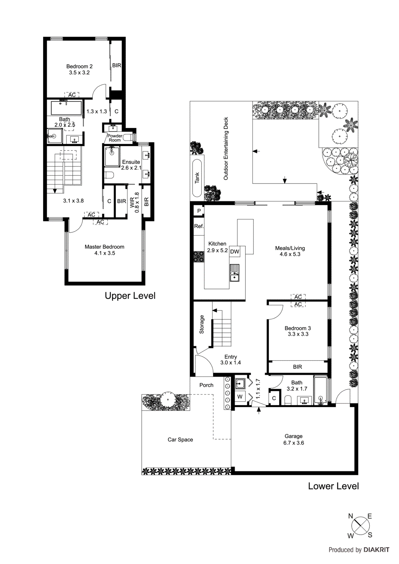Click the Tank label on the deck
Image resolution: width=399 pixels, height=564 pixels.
(x=197, y=178)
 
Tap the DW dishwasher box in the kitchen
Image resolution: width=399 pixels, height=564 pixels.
(x=235, y=251)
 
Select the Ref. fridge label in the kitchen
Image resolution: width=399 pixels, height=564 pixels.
(x=199, y=226)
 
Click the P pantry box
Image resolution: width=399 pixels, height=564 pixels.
(x=199, y=211)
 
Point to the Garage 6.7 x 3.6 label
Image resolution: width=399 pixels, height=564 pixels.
(x=294, y=440)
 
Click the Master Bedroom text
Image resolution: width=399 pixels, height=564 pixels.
(x=104, y=247)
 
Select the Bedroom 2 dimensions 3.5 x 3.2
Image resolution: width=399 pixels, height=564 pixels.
(x=79, y=73)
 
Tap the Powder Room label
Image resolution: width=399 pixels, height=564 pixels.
(x=115, y=138)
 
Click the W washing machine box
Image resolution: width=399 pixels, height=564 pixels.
(x=240, y=397)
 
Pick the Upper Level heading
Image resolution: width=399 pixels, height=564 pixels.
(x=130, y=296)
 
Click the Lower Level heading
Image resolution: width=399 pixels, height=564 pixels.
(x=333, y=486)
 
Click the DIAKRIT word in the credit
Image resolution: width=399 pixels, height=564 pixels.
(x=376, y=550)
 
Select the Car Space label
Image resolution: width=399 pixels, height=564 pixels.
(x=180, y=440)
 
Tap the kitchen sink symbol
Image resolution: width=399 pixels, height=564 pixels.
(x=234, y=273)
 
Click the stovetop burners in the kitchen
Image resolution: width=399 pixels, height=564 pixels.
(x=199, y=256)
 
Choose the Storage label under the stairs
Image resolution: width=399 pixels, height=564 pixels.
(x=202, y=324)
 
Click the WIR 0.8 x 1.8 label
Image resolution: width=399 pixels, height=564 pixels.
(x=134, y=203)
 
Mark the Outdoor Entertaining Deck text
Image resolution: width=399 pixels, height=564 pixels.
(x=226, y=148)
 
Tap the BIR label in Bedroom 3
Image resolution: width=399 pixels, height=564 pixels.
(x=297, y=367)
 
